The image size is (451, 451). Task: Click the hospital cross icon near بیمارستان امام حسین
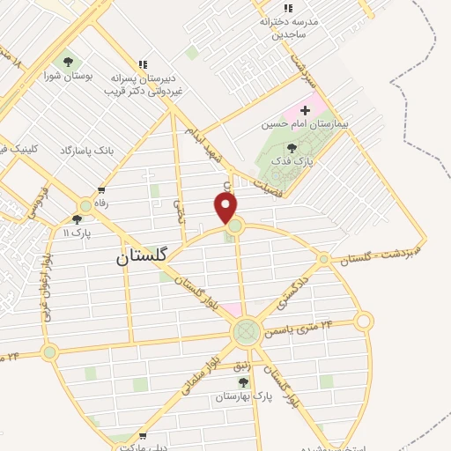pyautogui.click(x=305, y=111)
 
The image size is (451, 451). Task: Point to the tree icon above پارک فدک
pyautogui.click(x=292, y=149)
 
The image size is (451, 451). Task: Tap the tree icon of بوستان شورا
pyautogui.click(x=68, y=61)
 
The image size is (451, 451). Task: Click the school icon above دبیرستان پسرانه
pyautogui.click(x=143, y=63)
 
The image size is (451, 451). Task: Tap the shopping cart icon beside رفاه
pyautogui.click(x=102, y=189)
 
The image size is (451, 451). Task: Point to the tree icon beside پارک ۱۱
pyautogui.click(x=77, y=219)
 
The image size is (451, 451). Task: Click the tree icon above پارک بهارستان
pyautogui.click(x=244, y=382)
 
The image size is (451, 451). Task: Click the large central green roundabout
pyautogui.click(x=246, y=333)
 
